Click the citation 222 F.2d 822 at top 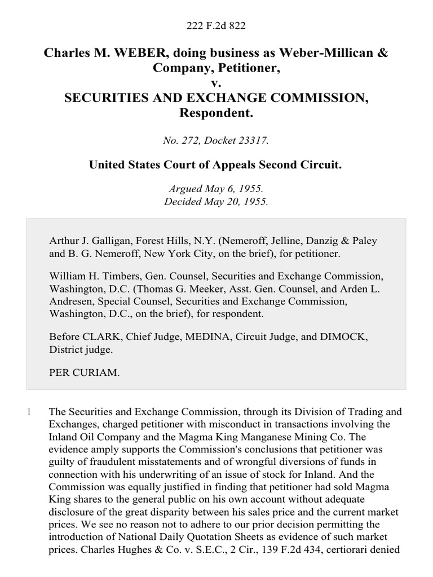(x=216, y=26)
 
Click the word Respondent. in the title (x=216, y=113)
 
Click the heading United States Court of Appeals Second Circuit (x=216, y=165)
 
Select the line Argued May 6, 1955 (x=216, y=190)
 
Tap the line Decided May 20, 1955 (x=216, y=201)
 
